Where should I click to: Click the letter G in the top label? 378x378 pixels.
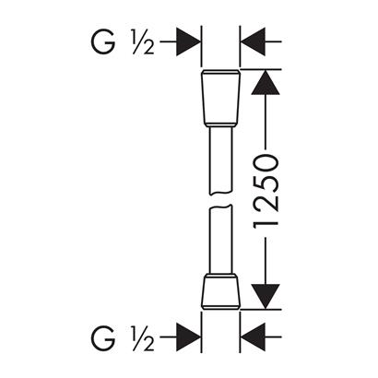pyautogui.click(x=103, y=41)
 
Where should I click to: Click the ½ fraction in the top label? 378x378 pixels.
pyautogui.click(x=143, y=41)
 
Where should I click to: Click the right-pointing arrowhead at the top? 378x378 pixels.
pyautogui.click(x=188, y=41)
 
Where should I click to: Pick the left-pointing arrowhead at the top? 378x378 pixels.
pyautogui.click(x=254, y=41)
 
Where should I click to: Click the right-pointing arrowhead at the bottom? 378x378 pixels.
pyautogui.click(x=188, y=337)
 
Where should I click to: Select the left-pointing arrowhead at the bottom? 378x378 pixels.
pyautogui.click(x=254, y=337)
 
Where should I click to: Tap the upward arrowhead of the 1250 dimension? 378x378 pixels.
pyautogui.click(x=266, y=82)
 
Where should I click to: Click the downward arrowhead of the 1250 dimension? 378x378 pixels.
pyautogui.click(x=266, y=296)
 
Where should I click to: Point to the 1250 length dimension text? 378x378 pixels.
pyautogui.click(x=266, y=191)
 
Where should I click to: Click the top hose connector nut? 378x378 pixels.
pyautogui.click(x=220, y=99)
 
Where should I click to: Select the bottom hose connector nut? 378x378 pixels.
pyautogui.click(x=220, y=291)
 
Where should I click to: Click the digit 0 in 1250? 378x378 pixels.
pyautogui.click(x=266, y=163)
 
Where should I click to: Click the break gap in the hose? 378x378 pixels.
pyautogui.click(x=220, y=200)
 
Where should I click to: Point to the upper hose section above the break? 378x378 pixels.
pyautogui.click(x=220, y=160)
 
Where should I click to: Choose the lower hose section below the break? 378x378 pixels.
pyautogui.click(x=220, y=240)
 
